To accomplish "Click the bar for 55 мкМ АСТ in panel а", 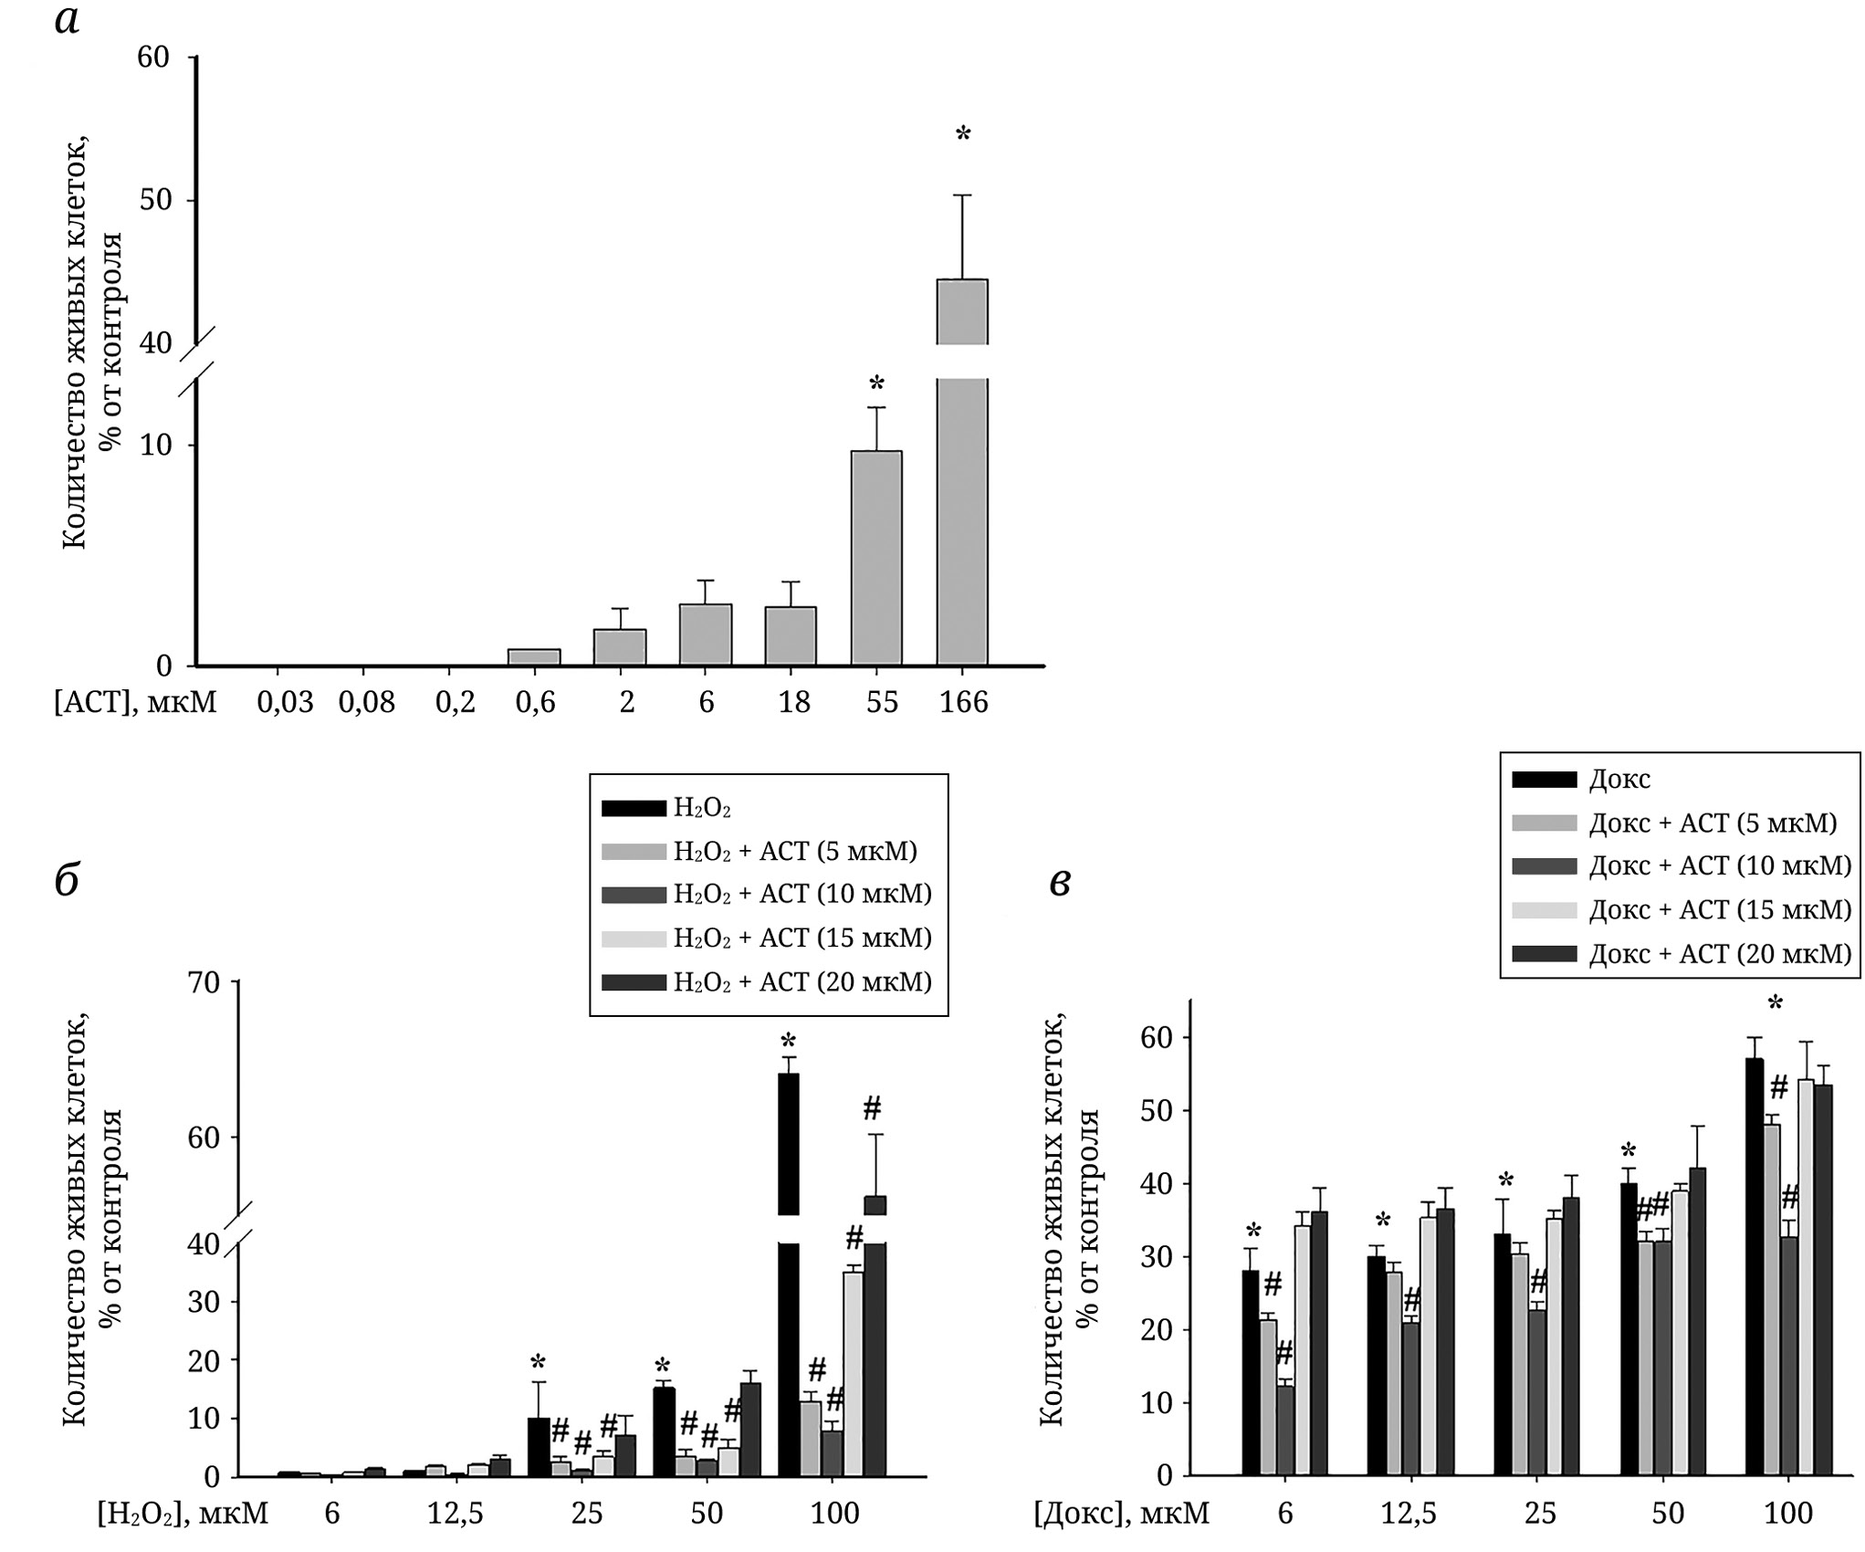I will click(876, 557).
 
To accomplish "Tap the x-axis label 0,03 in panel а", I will click(285, 702).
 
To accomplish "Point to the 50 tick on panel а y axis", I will click(154, 200).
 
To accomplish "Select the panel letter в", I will click(1060, 882).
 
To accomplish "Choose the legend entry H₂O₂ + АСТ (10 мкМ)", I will click(802, 894).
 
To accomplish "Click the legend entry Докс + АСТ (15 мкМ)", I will click(1720, 909).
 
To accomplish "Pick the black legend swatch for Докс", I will click(1545, 779).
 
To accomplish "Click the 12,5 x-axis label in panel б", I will click(456, 1513).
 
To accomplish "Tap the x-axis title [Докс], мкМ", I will click(1121, 1513).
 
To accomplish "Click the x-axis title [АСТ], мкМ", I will click(135, 702).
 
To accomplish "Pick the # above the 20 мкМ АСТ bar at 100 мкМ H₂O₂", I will click(872, 1109).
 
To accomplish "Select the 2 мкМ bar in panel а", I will click(620, 646).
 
